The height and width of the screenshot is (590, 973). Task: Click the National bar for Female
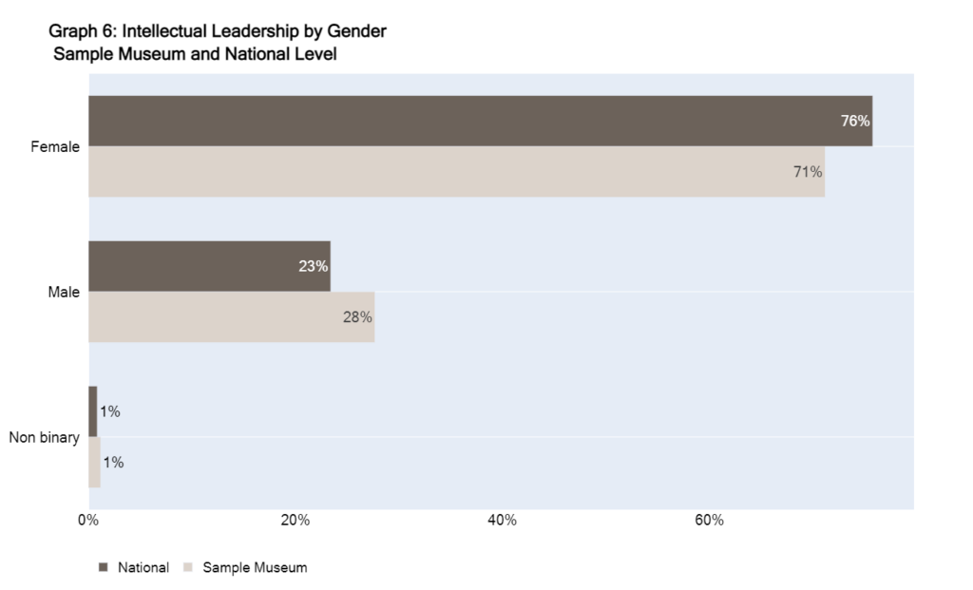coord(480,121)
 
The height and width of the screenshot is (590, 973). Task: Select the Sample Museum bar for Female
coord(456,172)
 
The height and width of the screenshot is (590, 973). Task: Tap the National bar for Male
coord(209,266)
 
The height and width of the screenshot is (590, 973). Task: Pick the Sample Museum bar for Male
coord(231,317)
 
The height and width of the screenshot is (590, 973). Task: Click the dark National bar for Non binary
coord(93,411)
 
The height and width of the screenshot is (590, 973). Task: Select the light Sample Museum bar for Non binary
coord(94,463)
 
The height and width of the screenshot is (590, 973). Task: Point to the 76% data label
coord(855,121)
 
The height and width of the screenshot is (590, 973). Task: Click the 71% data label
coord(808,172)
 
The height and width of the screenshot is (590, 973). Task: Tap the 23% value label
coord(313,266)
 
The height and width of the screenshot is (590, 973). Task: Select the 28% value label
coord(357,317)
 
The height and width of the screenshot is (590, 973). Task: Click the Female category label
coord(55,147)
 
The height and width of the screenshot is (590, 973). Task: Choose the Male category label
coord(64,293)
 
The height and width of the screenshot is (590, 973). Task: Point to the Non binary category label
coord(45,438)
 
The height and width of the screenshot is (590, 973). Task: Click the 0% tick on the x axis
coord(87,521)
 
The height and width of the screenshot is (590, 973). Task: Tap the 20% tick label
coord(296,521)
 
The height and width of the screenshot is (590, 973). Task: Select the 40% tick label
coord(502,521)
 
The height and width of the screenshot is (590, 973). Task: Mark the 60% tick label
coord(709,521)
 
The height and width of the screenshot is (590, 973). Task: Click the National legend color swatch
coord(104,567)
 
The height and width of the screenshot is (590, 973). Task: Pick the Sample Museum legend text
coord(255,567)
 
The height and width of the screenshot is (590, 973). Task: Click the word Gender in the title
coord(357,31)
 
